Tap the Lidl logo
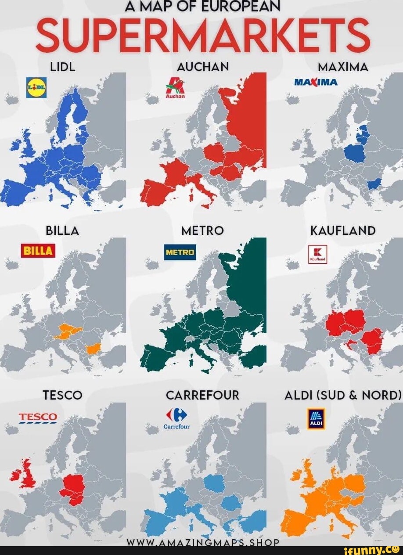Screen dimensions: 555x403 36,87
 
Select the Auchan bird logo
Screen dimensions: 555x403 175,86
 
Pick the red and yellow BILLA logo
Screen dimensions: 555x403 38,250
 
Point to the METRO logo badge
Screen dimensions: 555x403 180,252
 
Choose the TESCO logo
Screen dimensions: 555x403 38,417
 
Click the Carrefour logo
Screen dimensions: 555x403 176,417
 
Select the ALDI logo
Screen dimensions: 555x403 317,418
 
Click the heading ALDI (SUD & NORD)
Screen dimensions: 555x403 343,395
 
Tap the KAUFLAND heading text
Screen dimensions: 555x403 343,231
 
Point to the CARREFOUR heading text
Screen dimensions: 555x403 202,395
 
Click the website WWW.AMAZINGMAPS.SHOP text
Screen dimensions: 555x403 202,543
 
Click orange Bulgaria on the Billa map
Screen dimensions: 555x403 94,349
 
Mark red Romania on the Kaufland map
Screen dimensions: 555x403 372,340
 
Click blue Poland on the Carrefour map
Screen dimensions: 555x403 214,483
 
